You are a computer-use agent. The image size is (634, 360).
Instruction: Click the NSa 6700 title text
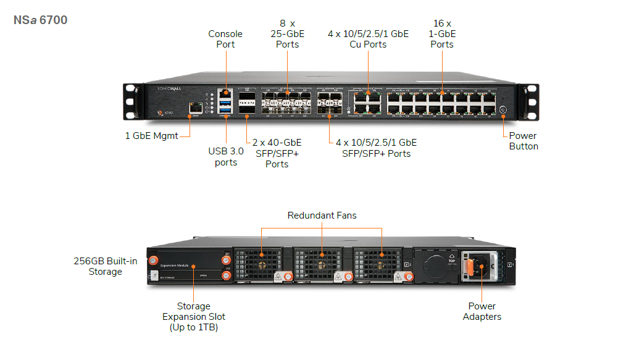pyautogui.click(x=41, y=20)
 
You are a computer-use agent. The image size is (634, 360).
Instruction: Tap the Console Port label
pyautogui.click(x=225, y=39)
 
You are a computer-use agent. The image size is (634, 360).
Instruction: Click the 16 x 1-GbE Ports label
pyautogui.click(x=442, y=34)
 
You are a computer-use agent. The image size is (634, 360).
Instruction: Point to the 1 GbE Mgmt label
pyautogui.click(x=151, y=136)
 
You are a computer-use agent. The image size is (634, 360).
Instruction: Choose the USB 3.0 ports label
pyautogui.click(x=226, y=156)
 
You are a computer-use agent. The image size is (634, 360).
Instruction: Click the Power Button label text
pyautogui.click(x=523, y=141)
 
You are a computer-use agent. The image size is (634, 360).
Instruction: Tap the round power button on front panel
pyautogui.click(x=503, y=111)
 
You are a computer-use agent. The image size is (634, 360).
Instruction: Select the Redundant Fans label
pyautogui.click(x=322, y=216)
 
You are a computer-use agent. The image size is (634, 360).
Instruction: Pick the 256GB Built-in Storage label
pyautogui.click(x=106, y=266)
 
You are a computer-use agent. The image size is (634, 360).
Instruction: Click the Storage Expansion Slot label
pyautogui.click(x=193, y=316)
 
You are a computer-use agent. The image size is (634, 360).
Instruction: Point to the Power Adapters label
pyautogui.click(x=482, y=311)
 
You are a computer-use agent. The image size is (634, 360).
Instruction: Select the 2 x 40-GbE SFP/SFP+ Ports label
pyautogui.click(x=277, y=153)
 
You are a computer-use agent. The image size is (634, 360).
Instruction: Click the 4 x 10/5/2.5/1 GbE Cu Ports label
pyautogui.click(x=368, y=39)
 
